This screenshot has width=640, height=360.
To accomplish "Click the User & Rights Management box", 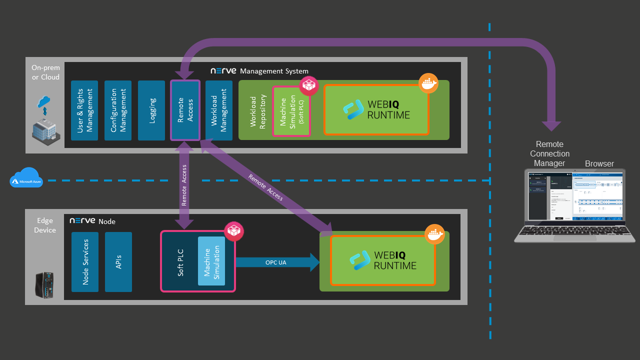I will pos(84,110).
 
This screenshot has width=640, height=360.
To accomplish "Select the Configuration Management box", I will pos(118,110).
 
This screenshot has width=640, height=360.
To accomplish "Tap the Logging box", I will pos(151,110).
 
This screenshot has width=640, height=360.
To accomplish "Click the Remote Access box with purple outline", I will pos(185,110).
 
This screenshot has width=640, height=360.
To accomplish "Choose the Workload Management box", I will pos(219,110).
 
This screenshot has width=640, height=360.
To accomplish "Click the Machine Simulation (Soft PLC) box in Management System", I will pos(291,111).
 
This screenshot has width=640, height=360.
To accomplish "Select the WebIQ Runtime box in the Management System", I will pos(376,110).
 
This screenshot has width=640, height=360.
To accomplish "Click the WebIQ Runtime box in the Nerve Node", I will pos(382,260).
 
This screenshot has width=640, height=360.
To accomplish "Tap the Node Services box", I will pos(85,262).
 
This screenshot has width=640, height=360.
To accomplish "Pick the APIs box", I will pos(118,262).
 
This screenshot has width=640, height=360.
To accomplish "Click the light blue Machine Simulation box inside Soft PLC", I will pos(211,261).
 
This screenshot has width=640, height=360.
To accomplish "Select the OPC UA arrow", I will pos(276,262).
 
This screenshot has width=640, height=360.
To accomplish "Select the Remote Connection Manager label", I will pos(549,153).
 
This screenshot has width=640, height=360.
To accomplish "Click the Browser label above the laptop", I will pos(599,163).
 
